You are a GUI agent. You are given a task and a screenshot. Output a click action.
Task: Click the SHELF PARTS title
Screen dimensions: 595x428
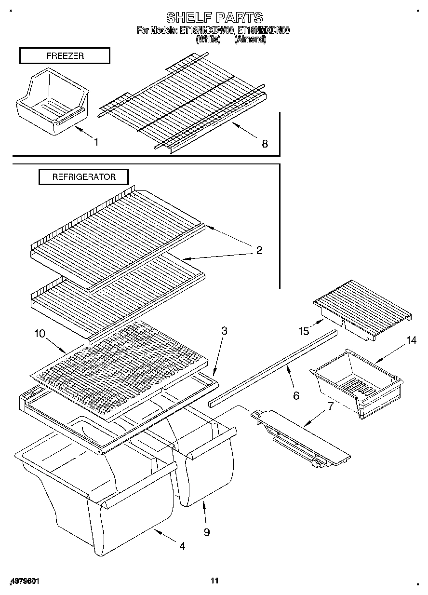click(214, 18)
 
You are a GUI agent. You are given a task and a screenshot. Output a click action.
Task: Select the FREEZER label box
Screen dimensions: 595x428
click(65, 56)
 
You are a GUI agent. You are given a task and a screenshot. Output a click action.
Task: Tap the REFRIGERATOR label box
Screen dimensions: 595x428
click(84, 177)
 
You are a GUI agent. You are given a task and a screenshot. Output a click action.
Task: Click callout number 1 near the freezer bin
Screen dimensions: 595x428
click(96, 142)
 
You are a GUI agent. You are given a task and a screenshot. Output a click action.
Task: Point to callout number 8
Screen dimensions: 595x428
click(265, 143)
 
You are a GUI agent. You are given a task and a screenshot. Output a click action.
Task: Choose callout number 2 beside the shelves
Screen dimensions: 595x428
click(259, 250)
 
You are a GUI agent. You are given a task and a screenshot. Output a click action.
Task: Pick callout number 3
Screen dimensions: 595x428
click(224, 331)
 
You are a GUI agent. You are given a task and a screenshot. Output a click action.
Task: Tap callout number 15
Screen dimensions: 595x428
click(303, 331)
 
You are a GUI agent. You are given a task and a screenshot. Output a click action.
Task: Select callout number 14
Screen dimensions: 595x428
click(411, 340)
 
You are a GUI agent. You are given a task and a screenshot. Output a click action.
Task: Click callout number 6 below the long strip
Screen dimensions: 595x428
click(296, 396)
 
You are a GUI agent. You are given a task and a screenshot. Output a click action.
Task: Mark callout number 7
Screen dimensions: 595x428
click(330, 405)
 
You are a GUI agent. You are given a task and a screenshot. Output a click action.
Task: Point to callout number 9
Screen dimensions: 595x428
click(207, 532)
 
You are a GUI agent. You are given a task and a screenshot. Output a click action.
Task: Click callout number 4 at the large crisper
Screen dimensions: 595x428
click(182, 546)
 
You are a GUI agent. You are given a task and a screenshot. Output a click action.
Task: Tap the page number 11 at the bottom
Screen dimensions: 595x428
click(214, 581)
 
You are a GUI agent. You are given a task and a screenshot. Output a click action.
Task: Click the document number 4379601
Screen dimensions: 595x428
click(24, 581)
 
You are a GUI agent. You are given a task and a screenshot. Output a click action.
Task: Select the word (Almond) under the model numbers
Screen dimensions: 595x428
click(250, 40)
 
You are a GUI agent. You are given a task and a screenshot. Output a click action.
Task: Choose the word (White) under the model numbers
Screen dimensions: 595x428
click(208, 40)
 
